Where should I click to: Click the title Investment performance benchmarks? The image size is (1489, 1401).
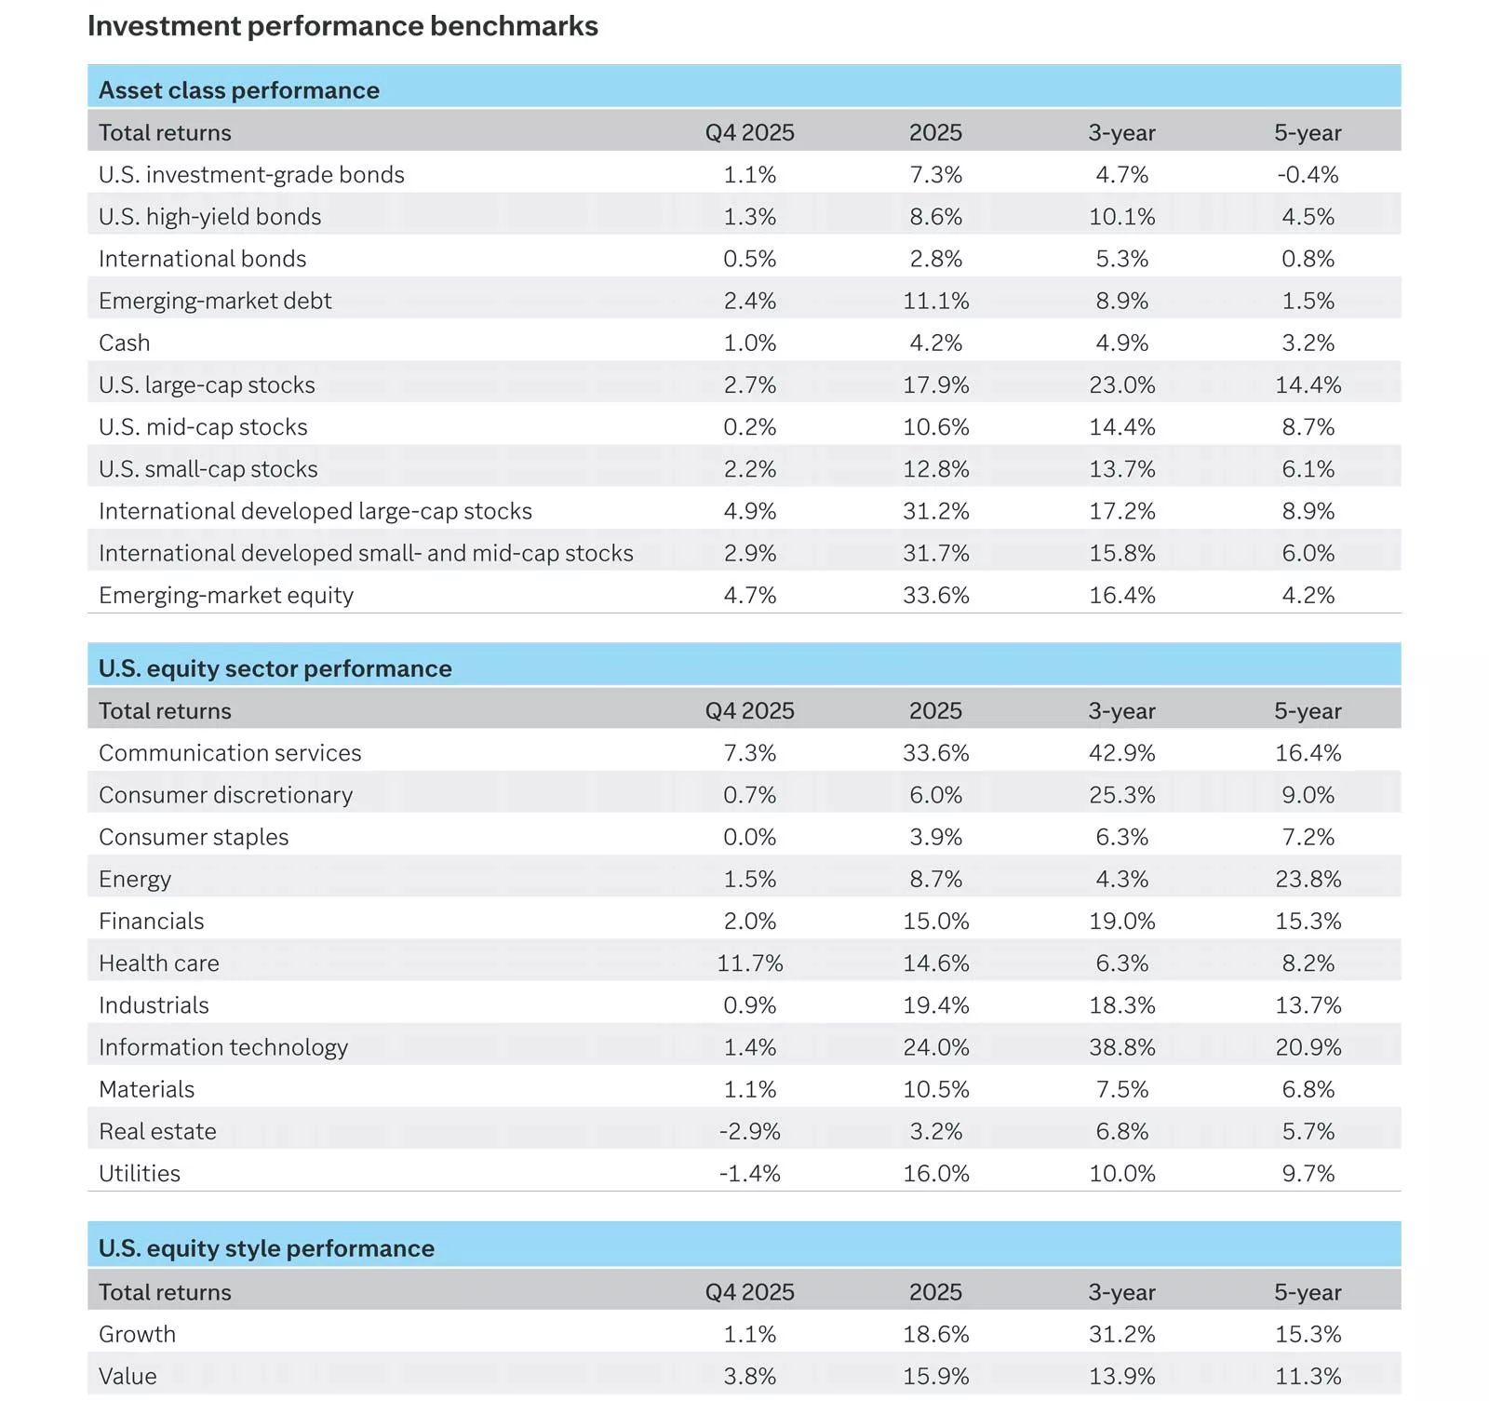[x=342, y=26]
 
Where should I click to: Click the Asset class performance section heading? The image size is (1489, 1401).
[x=239, y=90]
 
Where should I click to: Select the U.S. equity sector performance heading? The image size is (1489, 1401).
[x=275, y=668]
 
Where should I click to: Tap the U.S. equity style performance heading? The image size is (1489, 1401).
[x=266, y=1248]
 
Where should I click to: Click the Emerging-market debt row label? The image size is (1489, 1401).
[x=215, y=301]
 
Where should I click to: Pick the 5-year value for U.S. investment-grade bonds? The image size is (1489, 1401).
[x=1308, y=175]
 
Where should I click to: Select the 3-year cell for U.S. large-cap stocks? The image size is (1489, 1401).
[x=1121, y=385]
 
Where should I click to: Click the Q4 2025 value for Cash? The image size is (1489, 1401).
[x=749, y=344]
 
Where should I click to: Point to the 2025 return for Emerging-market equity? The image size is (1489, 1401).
[x=935, y=596]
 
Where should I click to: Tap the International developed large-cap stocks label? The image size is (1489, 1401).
[x=315, y=511]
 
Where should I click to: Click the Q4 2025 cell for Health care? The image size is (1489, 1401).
[x=749, y=963]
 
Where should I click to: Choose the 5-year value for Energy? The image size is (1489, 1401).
[x=1308, y=880]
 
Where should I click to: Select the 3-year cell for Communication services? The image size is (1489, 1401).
[x=1121, y=753]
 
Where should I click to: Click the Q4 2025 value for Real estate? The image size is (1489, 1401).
[x=749, y=1132]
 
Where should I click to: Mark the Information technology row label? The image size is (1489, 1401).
[x=223, y=1047]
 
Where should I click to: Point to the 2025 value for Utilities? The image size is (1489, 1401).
[x=935, y=1174]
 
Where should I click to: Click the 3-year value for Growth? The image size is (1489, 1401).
[x=1121, y=1335]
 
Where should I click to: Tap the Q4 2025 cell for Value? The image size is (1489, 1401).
[x=749, y=1377]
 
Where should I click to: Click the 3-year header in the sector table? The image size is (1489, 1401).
[x=1121, y=711]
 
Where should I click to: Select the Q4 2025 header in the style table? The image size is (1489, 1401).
[x=749, y=1292]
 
